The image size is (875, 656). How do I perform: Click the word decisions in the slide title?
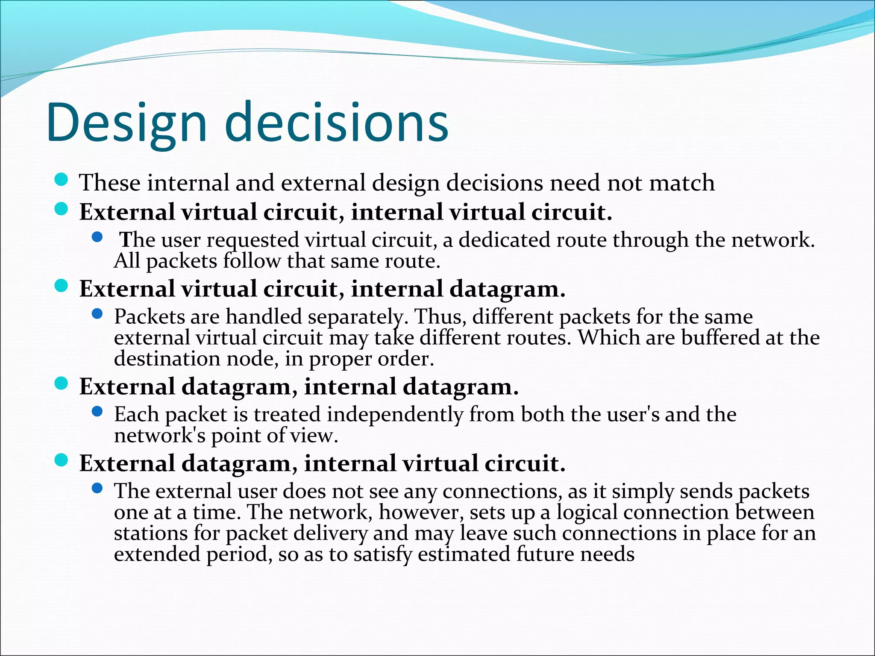pos(336,122)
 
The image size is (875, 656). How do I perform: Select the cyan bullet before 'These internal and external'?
pos(62,180)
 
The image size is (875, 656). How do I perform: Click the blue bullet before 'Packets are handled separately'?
pos(97,314)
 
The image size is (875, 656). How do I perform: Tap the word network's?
pos(160,436)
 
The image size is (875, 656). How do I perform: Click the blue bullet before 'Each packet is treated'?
pos(97,412)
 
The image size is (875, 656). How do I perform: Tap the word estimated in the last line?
pos(464,554)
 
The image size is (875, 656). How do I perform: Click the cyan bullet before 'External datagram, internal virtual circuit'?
pos(62,460)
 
